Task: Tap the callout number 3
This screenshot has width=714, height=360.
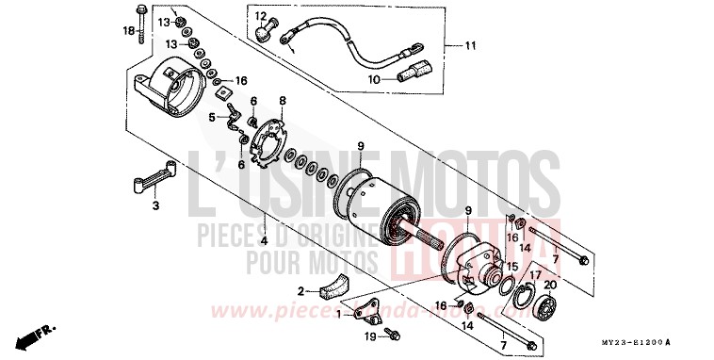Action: [155, 205]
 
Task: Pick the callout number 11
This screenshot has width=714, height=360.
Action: [470, 44]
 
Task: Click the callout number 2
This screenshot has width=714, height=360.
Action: [300, 291]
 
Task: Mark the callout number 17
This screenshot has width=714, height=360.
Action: [533, 275]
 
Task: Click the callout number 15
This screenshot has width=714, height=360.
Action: [512, 268]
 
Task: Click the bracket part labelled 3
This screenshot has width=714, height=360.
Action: [157, 181]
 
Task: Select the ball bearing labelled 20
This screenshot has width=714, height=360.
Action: [547, 307]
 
